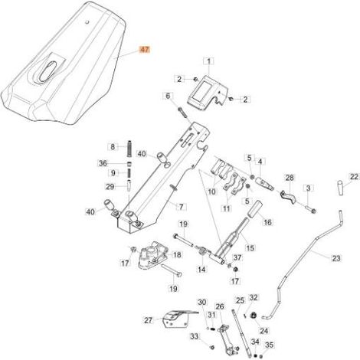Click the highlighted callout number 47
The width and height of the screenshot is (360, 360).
tap(145, 50)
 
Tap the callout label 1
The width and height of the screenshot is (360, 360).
tap(209, 61)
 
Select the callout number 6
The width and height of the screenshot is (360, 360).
tap(168, 97)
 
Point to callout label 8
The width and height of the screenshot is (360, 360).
tap(113, 147)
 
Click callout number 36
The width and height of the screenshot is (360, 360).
tap(103, 163)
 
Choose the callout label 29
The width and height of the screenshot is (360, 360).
tap(110, 187)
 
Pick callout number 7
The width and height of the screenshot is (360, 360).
tap(182, 207)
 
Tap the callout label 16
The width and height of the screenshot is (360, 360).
tap(267, 222)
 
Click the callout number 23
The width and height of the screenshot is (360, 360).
tap(336, 258)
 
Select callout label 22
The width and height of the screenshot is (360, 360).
tap(354, 177)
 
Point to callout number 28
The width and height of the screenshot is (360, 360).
tap(290, 178)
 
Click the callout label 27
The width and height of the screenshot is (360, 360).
tap(149, 320)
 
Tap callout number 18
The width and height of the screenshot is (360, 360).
tap(177, 255)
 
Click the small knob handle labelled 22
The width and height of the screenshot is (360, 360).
tap(342, 188)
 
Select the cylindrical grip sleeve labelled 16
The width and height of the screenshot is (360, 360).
tap(255, 210)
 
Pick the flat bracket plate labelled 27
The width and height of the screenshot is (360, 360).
tap(176, 319)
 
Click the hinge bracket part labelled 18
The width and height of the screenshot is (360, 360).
tap(152, 255)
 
